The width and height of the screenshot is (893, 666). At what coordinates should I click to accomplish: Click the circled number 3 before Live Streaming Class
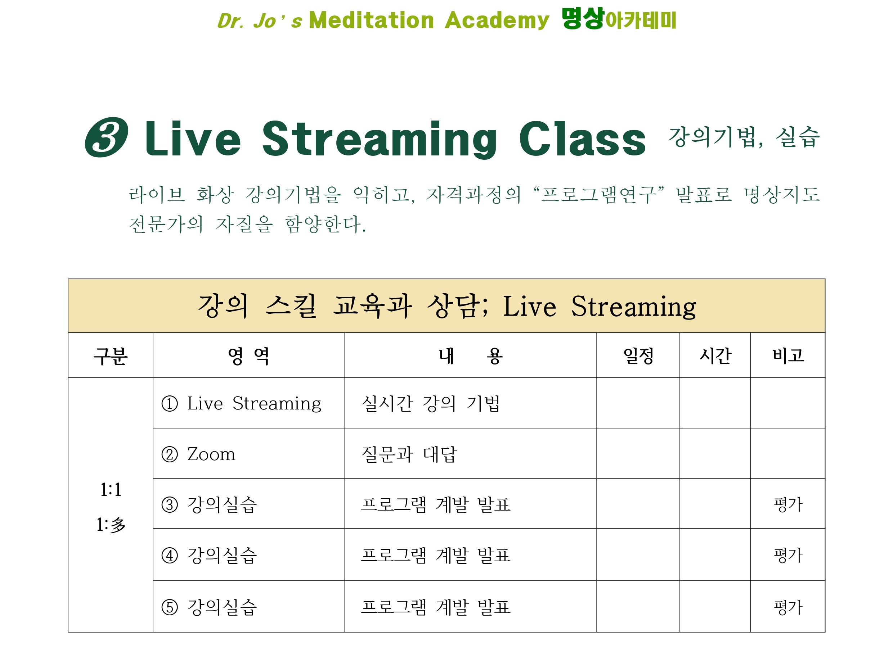click(107, 137)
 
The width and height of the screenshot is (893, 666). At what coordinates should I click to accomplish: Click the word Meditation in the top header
click(371, 20)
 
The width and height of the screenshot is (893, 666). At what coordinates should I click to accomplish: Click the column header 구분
click(111, 356)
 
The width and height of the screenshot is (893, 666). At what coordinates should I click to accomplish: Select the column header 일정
click(638, 355)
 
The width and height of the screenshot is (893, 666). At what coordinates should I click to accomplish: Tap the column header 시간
click(715, 355)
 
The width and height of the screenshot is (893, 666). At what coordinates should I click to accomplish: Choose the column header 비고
click(788, 355)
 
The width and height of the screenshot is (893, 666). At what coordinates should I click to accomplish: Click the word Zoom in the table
click(211, 454)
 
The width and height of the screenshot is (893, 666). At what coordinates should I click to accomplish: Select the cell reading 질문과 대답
click(409, 454)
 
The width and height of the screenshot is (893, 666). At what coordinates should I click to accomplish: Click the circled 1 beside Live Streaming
click(169, 404)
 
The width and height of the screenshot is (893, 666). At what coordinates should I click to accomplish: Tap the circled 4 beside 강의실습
click(169, 556)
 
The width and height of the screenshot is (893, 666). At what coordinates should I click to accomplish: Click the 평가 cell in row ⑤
click(788, 607)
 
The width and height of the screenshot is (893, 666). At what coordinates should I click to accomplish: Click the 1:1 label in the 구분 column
click(111, 489)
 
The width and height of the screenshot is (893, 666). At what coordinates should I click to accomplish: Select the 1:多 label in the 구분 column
click(111, 525)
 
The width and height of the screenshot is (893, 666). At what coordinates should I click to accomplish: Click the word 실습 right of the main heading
click(798, 137)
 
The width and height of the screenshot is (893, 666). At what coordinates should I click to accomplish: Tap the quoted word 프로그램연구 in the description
click(598, 194)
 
